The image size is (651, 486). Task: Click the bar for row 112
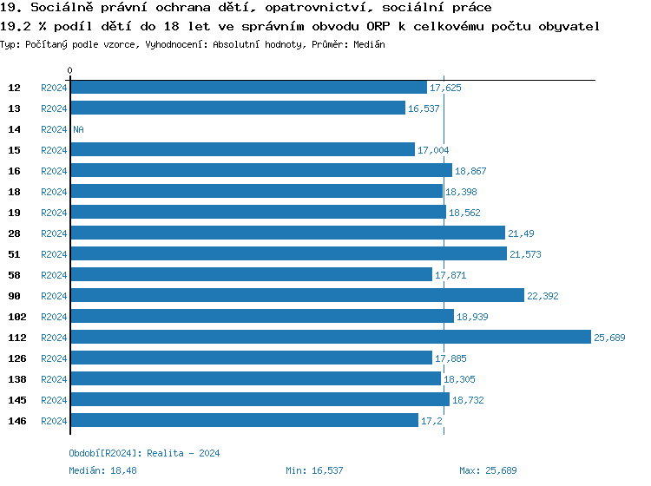[x=330, y=338]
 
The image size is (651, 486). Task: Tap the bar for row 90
[x=297, y=296]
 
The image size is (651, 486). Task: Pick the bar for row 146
[x=244, y=421]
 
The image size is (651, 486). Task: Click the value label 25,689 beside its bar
[x=609, y=338]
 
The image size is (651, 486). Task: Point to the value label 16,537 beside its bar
[x=424, y=108]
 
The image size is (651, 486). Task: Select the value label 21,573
[x=525, y=254]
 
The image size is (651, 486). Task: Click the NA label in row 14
[x=78, y=129]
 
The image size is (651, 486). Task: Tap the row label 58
[x=14, y=275]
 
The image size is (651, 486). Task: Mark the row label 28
[x=14, y=233]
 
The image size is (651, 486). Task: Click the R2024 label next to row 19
[x=54, y=213]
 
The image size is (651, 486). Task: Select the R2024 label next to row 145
[x=54, y=400]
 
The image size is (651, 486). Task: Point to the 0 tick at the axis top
[x=70, y=70]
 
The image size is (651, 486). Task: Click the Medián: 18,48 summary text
[x=102, y=470]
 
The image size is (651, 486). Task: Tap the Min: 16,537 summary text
[x=314, y=470]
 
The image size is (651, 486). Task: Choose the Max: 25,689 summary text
[x=488, y=470]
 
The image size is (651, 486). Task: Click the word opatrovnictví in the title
[x=321, y=8]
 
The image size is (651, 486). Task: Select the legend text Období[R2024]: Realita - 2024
[x=144, y=453]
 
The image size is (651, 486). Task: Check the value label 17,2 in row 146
[x=431, y=421]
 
